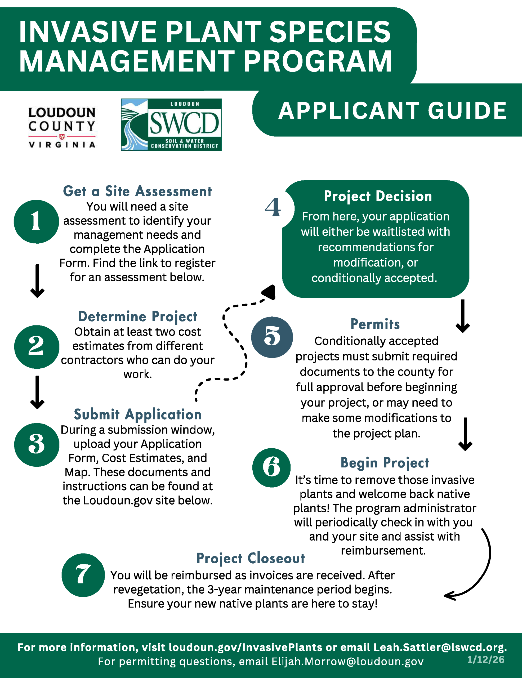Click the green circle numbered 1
point(36,221)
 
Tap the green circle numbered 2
point(37,346)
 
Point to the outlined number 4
point(273,207)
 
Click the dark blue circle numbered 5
point(272,337)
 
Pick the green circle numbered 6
point(271,467)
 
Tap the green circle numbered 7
point(83,575)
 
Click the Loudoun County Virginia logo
point(62,127)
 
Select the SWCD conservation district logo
point(171,124)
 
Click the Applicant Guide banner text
point(392,110)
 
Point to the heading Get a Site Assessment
point(137,191)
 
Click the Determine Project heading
point(137,316)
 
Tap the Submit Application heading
point(137,414)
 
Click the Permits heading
point(375,324)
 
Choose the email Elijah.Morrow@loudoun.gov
point(347,661)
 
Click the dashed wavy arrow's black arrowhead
point(269,292)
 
